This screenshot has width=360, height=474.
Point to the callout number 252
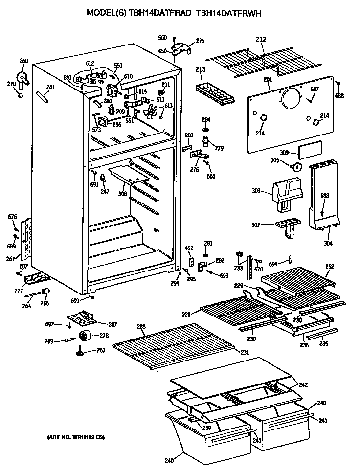coord(330,266)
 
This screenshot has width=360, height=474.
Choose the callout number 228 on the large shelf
coord(127,327)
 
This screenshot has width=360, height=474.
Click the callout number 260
coord(23,61)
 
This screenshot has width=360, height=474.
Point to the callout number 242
coord(303,384)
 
